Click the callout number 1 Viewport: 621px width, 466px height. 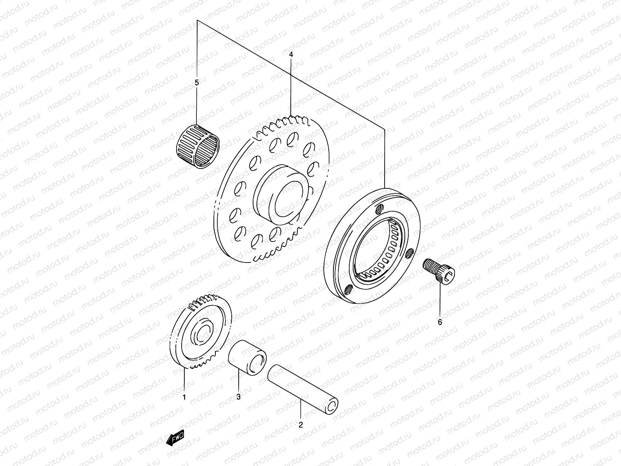[184, 397]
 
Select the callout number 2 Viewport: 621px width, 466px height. [300, 425]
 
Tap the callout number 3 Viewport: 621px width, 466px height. [239, 396]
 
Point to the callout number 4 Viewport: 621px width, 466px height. [291, 54]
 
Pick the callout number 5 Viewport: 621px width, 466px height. [196, 82]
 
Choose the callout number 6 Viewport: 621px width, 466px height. [440, 322]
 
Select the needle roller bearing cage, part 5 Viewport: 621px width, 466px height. [197, 147]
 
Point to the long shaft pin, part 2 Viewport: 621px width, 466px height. [303, 388]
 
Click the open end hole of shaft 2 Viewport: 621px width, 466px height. [332, 407]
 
